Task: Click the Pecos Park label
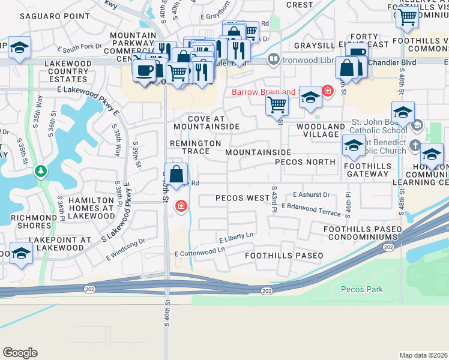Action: coord(362,289)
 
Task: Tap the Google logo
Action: coord(20,353)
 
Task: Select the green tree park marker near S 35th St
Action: coord(41,172)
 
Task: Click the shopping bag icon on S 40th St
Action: coord(176,175)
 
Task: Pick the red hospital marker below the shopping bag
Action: coord(180,207)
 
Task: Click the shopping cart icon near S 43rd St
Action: coord(277,104)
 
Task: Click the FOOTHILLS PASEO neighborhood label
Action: coord(283,256)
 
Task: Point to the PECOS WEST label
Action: coord(243,198)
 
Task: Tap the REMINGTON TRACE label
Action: coord(195,147)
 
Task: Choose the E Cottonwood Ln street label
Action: coord(200,252)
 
